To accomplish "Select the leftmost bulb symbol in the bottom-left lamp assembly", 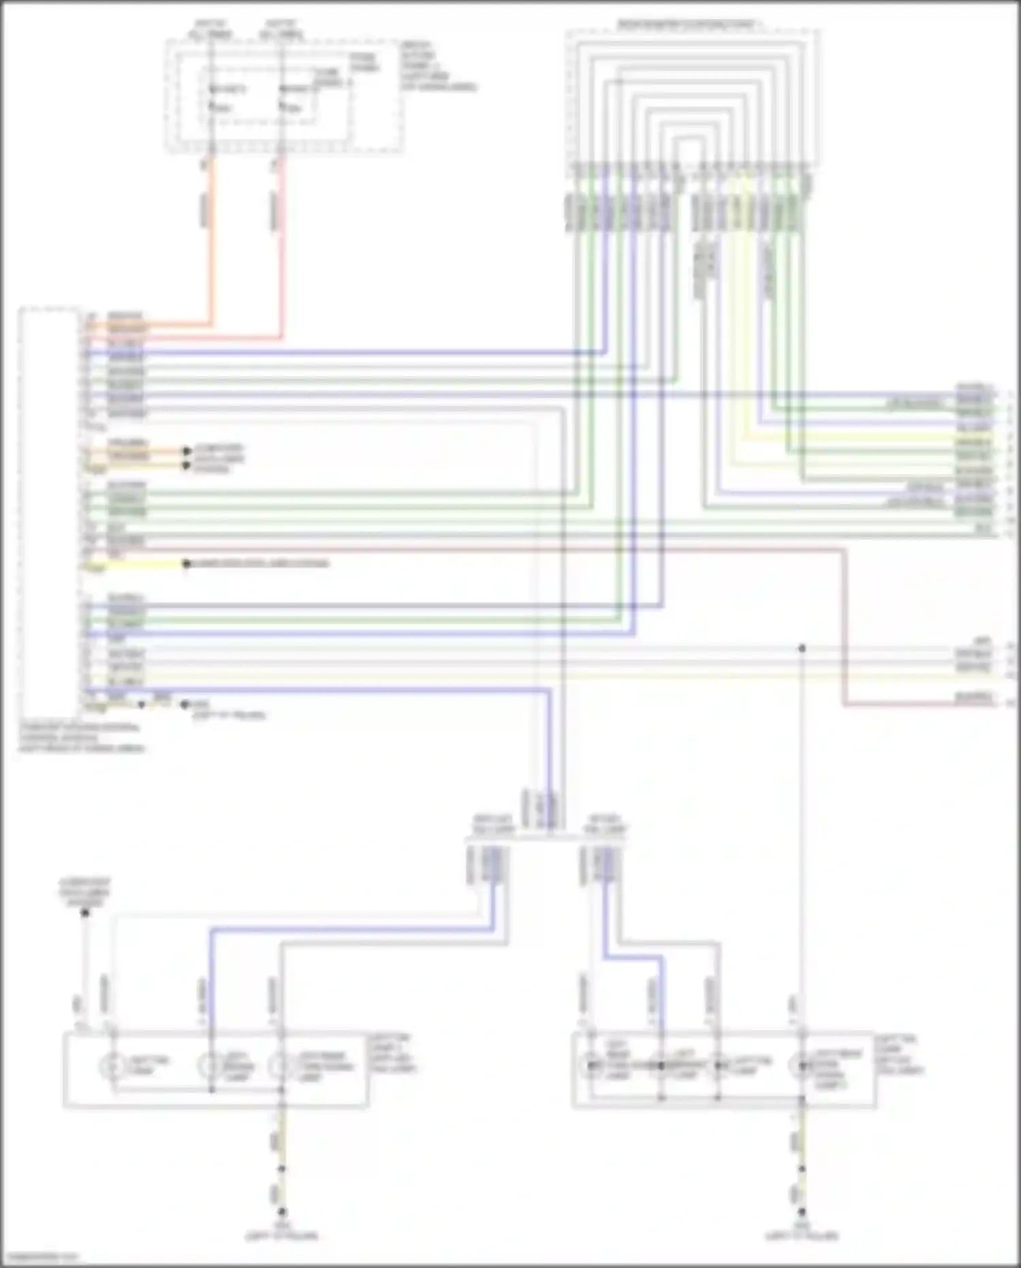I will tap(113, 1066).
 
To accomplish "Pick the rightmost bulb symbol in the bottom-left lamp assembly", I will tap(281, 1066).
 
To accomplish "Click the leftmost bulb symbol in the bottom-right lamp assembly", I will tap(590, 1066).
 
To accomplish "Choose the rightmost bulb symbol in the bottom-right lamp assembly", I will tap(802, 1066).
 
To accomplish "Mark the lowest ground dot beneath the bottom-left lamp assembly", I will tap(281, 1211).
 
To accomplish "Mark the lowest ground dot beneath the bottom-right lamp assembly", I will tap(802, 1211).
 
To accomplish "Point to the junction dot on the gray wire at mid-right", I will tap(802, 648).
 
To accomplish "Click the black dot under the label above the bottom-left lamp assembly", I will tap(85, 912).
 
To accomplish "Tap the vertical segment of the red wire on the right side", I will tap(844, 627).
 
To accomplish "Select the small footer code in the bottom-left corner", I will tap(40, 1255).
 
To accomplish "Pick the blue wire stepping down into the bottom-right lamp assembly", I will tap(633, 957).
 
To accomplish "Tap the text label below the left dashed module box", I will tap(82, 737).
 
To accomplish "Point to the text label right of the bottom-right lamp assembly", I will tap(899, 1055).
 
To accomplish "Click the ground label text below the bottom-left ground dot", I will tap(281, 1231).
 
